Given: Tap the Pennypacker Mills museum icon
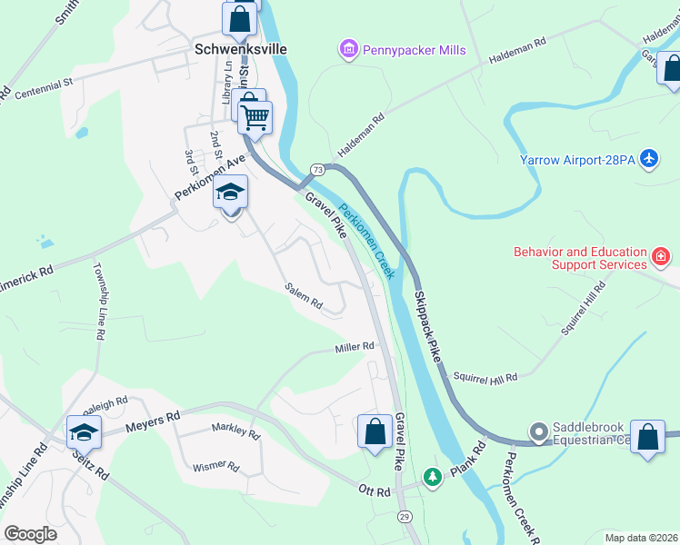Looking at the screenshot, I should click(347, 50).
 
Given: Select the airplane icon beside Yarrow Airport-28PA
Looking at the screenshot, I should click(648, 159).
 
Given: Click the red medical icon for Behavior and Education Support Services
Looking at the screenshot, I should click(661, 259).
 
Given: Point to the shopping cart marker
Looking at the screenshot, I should click(255, 116).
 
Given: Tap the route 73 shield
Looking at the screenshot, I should click(316, 170).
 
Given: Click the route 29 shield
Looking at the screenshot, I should click(405, 516).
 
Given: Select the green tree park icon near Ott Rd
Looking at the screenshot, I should click(434, 477).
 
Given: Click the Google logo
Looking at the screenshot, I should click(30, 534).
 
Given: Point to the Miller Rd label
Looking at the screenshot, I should click(355, 348).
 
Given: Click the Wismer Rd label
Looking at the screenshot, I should click(215, 467).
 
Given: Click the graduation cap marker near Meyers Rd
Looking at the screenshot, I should click(83, 431).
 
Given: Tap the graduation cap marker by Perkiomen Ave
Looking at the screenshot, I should click(230, 193).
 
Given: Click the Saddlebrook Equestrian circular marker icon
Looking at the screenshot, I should click(539, 431).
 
